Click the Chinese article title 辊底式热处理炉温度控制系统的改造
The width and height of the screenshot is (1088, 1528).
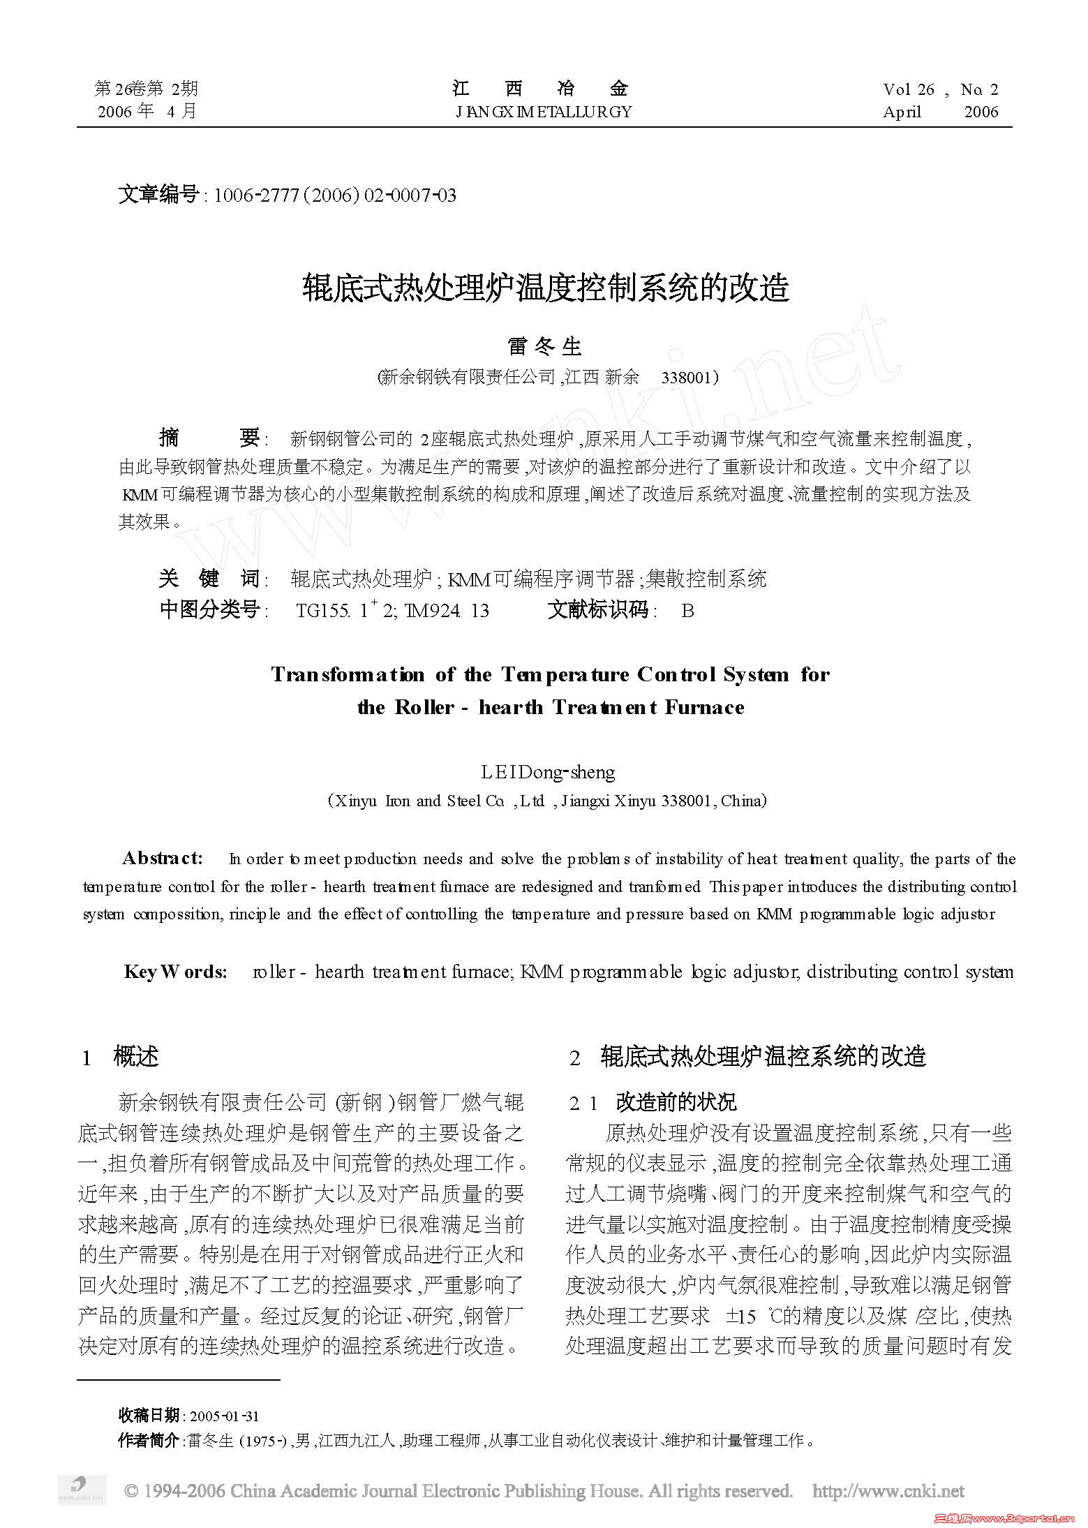(x=546, y=288)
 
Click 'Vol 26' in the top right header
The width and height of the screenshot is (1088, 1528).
(x=908, y=89)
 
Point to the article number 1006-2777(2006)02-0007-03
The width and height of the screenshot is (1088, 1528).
(x=335, y=195)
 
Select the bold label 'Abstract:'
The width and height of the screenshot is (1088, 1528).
(x=163, y=857)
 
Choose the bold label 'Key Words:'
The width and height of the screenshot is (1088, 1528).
(x=176, y=972)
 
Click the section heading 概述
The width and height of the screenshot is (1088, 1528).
(x=136, y=1057)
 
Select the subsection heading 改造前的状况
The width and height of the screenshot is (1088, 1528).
(x=676, y=1102)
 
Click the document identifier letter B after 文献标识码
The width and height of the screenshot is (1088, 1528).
(x=687, y=611)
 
